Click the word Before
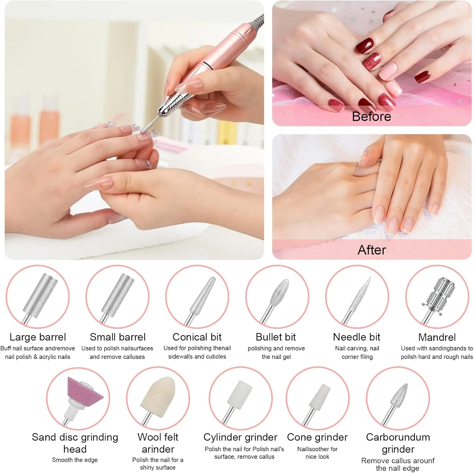[x=372, y=116]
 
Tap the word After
[x=372, y=250]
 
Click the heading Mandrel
[x=437, y=337]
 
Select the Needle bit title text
[x=357, y=337]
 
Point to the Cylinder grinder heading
[x=240, y=437]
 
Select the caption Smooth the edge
[x=75, y=460]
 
